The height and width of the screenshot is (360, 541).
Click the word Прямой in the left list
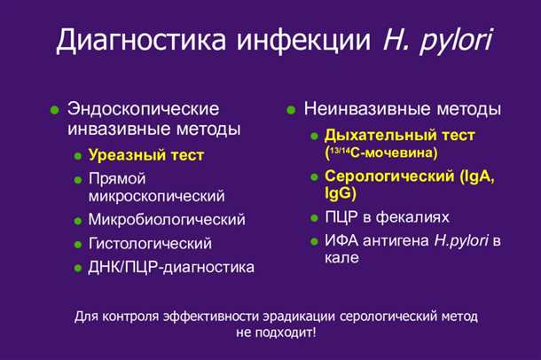[x=116, y=178]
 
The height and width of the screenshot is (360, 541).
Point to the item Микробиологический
[x=167, y=219]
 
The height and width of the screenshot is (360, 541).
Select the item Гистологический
[x=150, y=243]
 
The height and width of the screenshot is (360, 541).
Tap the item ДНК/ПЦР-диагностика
[x=171, y=267]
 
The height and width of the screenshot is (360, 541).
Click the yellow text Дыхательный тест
[x=399, y=135]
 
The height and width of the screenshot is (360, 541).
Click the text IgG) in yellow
[x=340, y=192]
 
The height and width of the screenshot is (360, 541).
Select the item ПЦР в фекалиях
[x=387, y=216]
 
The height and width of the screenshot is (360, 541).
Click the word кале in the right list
[x=341, y=258]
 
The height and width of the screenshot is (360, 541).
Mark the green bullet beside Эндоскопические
[x=54, y=110]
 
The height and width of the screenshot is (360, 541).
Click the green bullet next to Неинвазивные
[x=290, y=111]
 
